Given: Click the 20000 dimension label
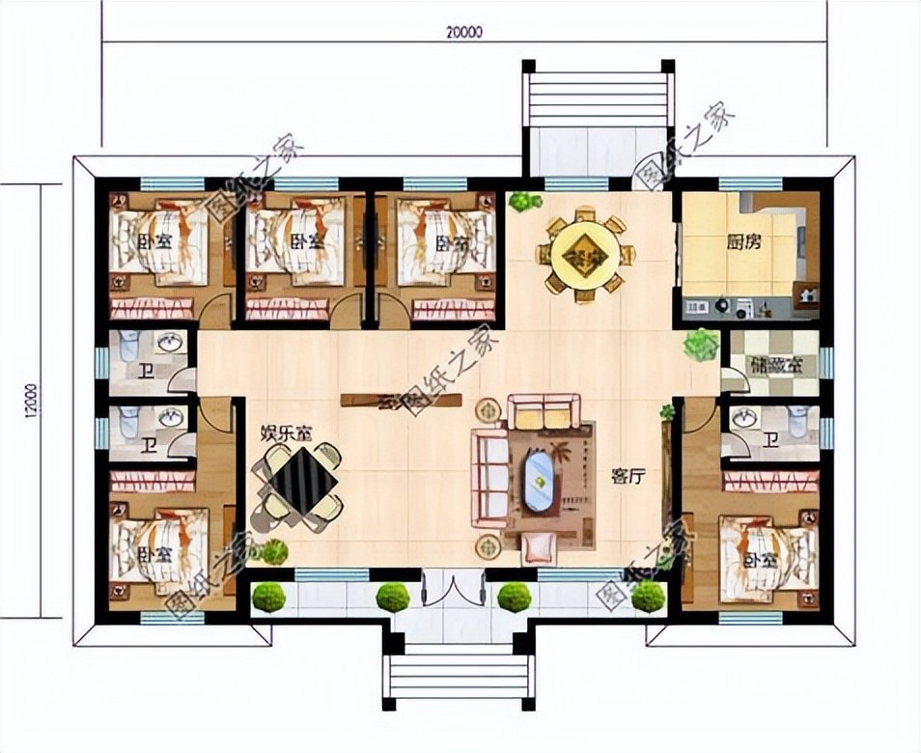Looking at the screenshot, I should pyautogui.click(x=464, y=31).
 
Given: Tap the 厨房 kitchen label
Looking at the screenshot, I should pyautogui.click(x=743, y=242).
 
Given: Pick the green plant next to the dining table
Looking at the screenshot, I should pyautogui.click(x=523, y=202).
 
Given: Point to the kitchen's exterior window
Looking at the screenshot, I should pyautogui.click(x=750, y=183).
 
